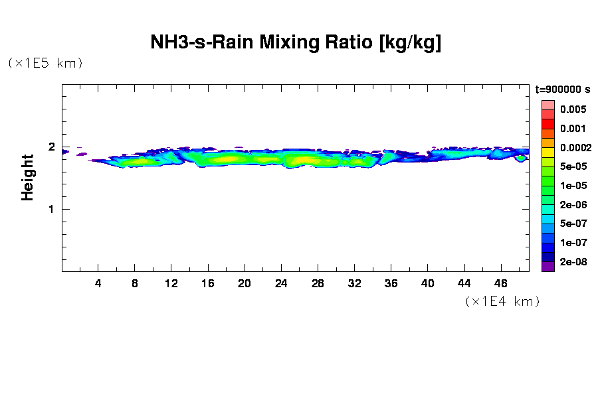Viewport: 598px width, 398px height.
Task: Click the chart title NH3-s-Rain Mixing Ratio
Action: coord(296,43)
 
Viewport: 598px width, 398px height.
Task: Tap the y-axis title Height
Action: coord(27,177)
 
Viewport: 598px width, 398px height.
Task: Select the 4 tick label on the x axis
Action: coord(98,284)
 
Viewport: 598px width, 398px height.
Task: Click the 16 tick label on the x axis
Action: coord(208,284)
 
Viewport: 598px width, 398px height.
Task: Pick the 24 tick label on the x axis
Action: coord(281,284)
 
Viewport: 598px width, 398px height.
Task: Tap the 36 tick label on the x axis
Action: coord(391,284)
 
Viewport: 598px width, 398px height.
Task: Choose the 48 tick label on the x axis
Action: coord(500,284)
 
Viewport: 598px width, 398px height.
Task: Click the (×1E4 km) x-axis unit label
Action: coord(502,301)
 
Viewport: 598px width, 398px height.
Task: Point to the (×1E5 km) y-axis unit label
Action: coord(45,63)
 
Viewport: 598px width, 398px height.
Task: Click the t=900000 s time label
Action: coord(563,90)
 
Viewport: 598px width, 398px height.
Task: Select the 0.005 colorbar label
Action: coord(572,109)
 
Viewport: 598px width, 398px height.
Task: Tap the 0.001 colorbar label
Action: coord(572,129)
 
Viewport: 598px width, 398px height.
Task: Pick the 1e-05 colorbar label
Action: coord(572,186)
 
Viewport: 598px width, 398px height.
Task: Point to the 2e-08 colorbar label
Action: coord(572,262)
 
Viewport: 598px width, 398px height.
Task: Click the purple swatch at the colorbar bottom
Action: coord(548,267)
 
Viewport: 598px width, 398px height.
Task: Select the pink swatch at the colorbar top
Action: coord(548,105)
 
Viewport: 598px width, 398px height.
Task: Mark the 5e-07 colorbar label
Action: coord(572,224)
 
